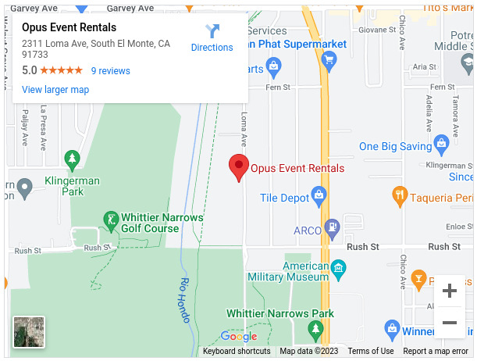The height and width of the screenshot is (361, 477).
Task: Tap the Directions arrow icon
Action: [x=212, y=31]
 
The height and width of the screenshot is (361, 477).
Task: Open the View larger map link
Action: [x=55, y=90]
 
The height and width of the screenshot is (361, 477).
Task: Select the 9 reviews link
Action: [x=111, y=71]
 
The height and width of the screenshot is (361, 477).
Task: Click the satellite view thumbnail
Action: [x=29, y=331]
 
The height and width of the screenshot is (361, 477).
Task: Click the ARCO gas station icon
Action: [x=332, y=227]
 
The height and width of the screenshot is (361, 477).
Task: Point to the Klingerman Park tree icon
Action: [x=72, y=160]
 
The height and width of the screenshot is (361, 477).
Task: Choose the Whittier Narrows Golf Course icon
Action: [x=112, y=218]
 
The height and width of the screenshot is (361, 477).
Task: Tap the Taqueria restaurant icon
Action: [x=400, y=193]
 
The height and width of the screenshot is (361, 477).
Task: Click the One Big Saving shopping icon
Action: [x=441, y=143]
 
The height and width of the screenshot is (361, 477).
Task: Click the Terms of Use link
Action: [x=371, y=352]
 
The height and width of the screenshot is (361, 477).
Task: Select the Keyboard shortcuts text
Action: [x=237, y=352]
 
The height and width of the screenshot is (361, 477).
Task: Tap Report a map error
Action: [x=436, y=352]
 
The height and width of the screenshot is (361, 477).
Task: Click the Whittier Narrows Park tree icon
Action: [x=316, y=331]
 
